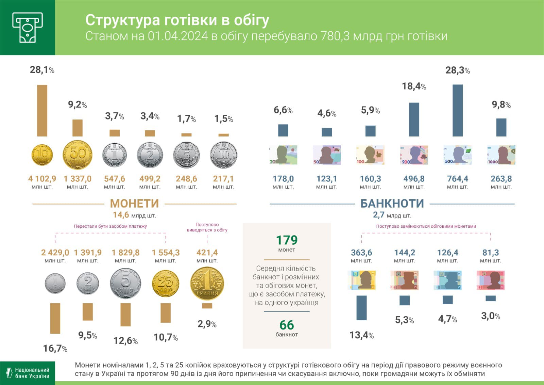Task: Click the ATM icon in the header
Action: pos(28,27)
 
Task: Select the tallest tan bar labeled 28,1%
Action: pos(42,110)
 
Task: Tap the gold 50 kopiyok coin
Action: pos(78,155)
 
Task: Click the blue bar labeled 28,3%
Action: pos(458,110)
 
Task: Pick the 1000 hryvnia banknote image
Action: pos(501,155)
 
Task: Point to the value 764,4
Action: pos(458,179)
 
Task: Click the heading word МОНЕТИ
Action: pos(134,204)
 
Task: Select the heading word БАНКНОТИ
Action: pos(392,204)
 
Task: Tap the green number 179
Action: pos(287,240)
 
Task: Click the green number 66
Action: pos(287,325)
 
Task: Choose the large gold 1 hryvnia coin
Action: pos(207,284)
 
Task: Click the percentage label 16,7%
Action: pos(55,349)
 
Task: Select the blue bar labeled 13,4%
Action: pos(361,308)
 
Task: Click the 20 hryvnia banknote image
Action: pos(283,155)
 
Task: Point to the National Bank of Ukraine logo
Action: pos(28,373)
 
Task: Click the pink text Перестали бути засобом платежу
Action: pos(111,226)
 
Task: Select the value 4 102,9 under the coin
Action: pos(42,179)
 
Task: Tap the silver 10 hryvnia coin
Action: pos(223,155)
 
